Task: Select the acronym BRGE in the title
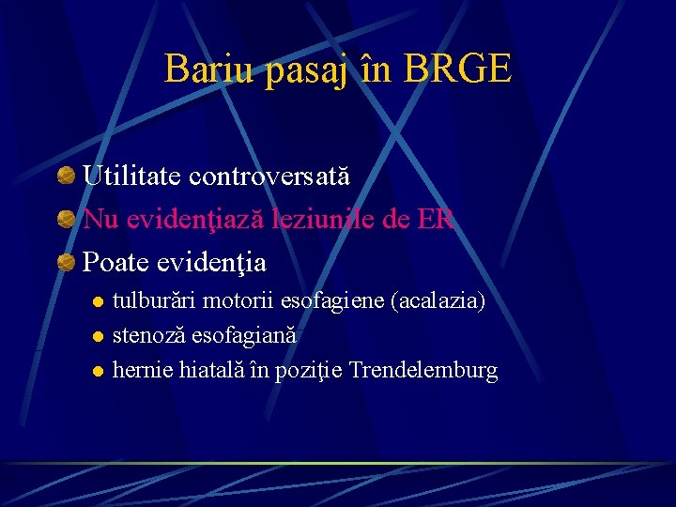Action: [459, 69]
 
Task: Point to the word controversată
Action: [269, 176]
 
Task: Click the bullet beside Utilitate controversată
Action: [66, 176]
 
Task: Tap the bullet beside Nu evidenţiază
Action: [66, 219]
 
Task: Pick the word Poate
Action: [113, 260]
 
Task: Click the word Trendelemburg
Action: [423, 370]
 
